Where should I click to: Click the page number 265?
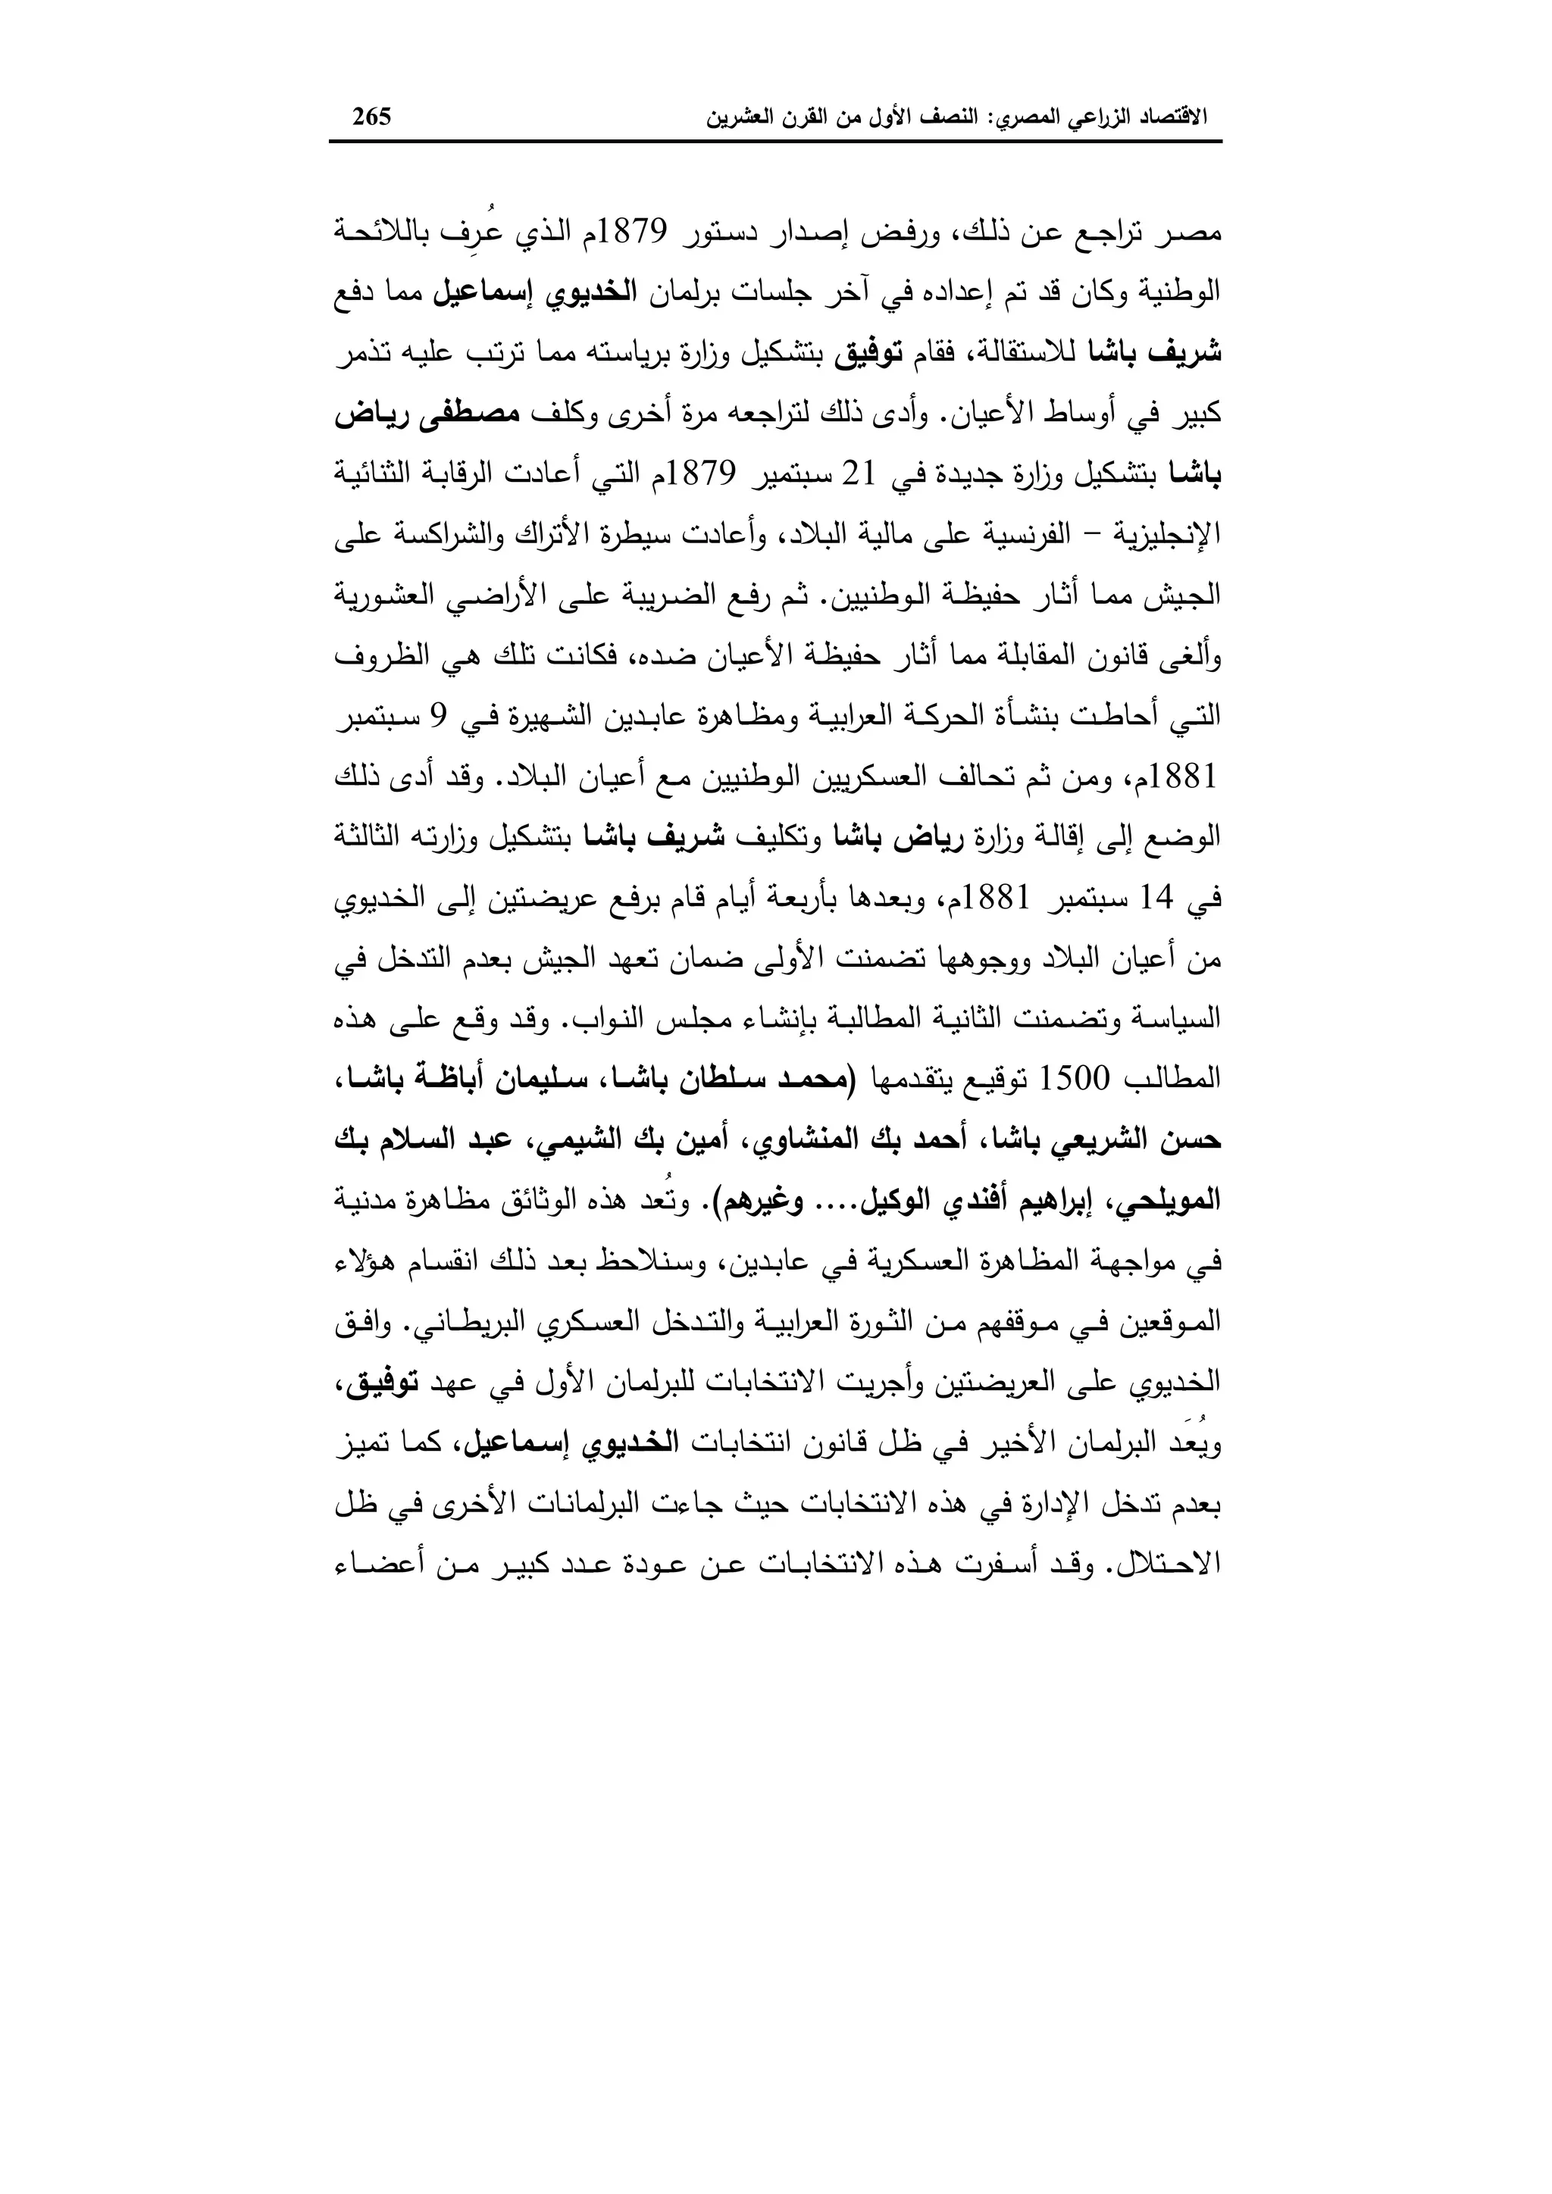tap(372, 117)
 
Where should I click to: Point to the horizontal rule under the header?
tap(775, 142)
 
